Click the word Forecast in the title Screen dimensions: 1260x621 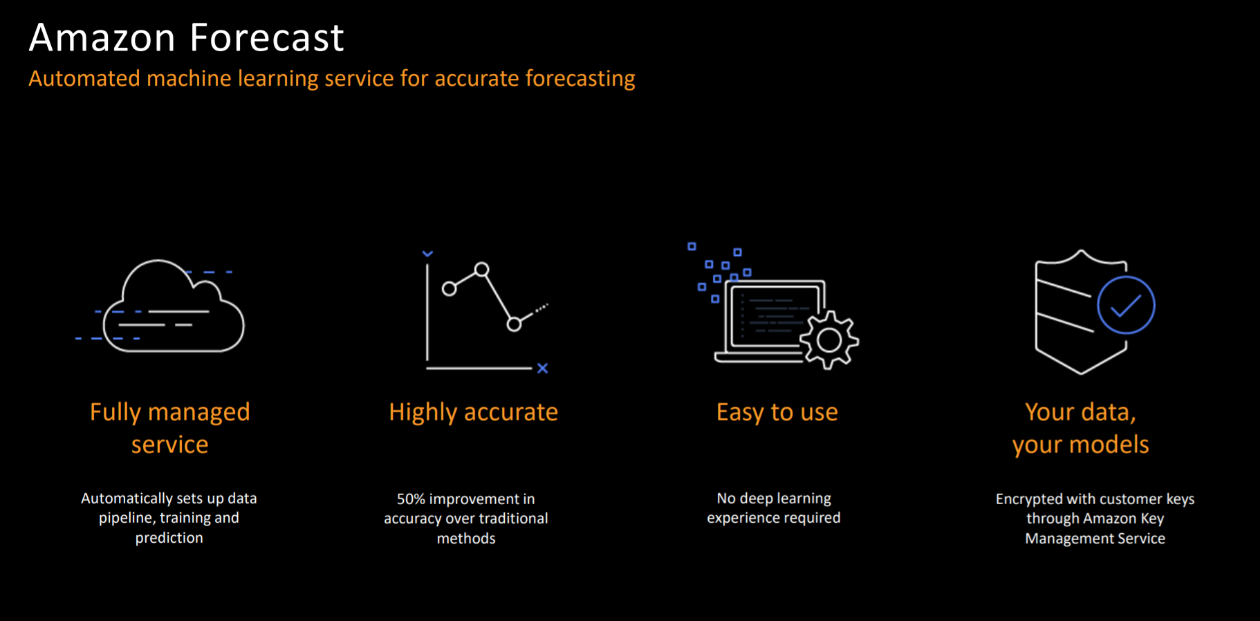[x=266, y=37]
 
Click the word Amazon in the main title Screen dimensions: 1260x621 [x=102, y=37]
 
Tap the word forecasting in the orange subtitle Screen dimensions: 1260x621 [x=580, y=80]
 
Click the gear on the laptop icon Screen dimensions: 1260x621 [x=829, y=340]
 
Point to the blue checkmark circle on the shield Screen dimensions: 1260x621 [x=1126, y=305]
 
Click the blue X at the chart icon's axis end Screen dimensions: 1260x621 [x=543, y=368]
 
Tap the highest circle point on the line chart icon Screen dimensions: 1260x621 [x=482, y=269]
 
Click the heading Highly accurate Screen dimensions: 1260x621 [x=473, y=413]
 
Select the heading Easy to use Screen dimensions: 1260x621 [x=777, y=413]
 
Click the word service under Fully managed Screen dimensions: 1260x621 [x=169, y=445]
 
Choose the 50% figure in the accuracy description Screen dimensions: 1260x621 [x=411, y=499]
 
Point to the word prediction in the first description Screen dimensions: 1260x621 [x=169, y=538]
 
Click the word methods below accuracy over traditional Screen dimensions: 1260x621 [x=466, y=538]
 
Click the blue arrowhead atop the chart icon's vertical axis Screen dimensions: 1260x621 [x=427, y=254]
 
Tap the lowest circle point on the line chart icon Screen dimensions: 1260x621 [x=514, y=324]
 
